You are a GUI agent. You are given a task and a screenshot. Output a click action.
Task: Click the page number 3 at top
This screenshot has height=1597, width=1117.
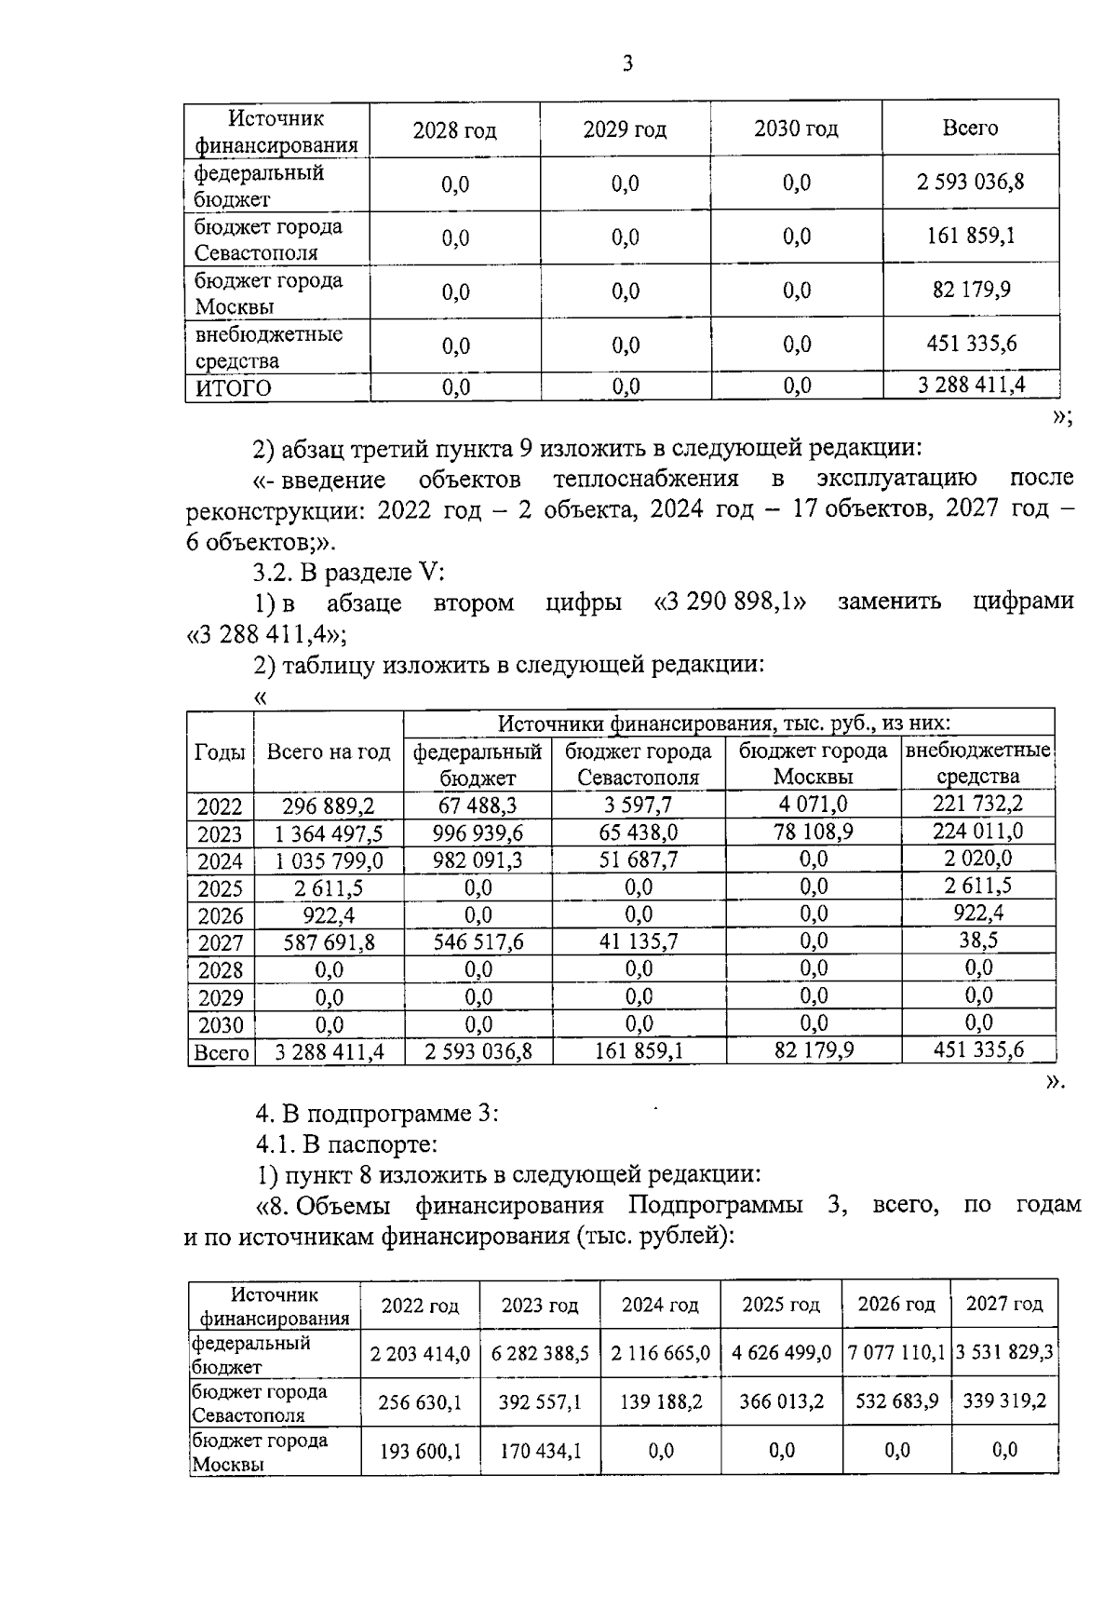click(627, 64)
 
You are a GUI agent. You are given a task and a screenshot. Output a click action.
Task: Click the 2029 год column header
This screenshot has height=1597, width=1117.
click(625, 129)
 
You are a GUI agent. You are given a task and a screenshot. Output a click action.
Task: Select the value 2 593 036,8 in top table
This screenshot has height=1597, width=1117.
click(970, 183)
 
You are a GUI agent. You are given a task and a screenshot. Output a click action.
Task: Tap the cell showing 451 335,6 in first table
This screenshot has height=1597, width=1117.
click(970, 344)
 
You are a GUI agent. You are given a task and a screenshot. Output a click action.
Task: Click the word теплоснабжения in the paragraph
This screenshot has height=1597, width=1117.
click(646, 479)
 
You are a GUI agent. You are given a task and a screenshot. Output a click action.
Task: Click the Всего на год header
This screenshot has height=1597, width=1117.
click(328, 752)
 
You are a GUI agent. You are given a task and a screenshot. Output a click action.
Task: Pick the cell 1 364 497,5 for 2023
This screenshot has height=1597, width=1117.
click(328, 833)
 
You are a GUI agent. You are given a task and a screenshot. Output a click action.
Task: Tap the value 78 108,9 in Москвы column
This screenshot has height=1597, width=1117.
click(813, 831)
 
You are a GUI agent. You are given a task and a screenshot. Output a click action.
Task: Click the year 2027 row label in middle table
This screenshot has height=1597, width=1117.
click(220, 942)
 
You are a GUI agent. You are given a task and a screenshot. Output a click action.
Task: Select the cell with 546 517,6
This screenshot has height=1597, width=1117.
click(478, 942)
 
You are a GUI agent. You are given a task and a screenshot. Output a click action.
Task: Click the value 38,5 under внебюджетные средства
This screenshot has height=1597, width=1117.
click(977, 941)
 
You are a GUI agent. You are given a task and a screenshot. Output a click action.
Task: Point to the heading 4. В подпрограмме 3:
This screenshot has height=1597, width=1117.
click(377, 1114)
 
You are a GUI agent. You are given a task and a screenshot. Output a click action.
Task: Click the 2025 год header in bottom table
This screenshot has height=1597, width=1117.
click(780, 1305)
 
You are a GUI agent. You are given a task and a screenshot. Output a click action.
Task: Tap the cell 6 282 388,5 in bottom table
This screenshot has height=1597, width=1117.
click(540, 1353)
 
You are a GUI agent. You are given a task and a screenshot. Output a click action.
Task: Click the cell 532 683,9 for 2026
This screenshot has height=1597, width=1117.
click(895, 1401)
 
